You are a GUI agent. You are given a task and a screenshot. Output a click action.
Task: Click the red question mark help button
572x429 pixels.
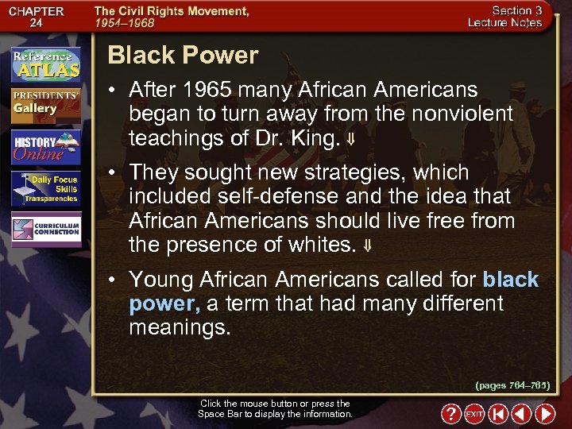[451, 414]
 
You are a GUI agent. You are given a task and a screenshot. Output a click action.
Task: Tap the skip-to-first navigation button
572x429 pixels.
[498, 414]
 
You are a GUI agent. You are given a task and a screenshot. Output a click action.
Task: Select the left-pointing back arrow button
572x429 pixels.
[521, 414]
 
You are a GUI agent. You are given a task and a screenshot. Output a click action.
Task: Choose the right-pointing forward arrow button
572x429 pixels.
[545, 414]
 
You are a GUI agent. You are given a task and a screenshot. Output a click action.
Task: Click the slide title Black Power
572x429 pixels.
[183, 56]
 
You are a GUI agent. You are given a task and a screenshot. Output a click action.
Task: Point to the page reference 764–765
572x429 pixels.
[512, 385]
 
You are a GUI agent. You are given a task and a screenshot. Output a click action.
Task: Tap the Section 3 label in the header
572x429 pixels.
[516, 10]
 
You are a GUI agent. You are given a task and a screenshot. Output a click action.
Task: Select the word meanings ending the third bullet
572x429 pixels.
[180, 327]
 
